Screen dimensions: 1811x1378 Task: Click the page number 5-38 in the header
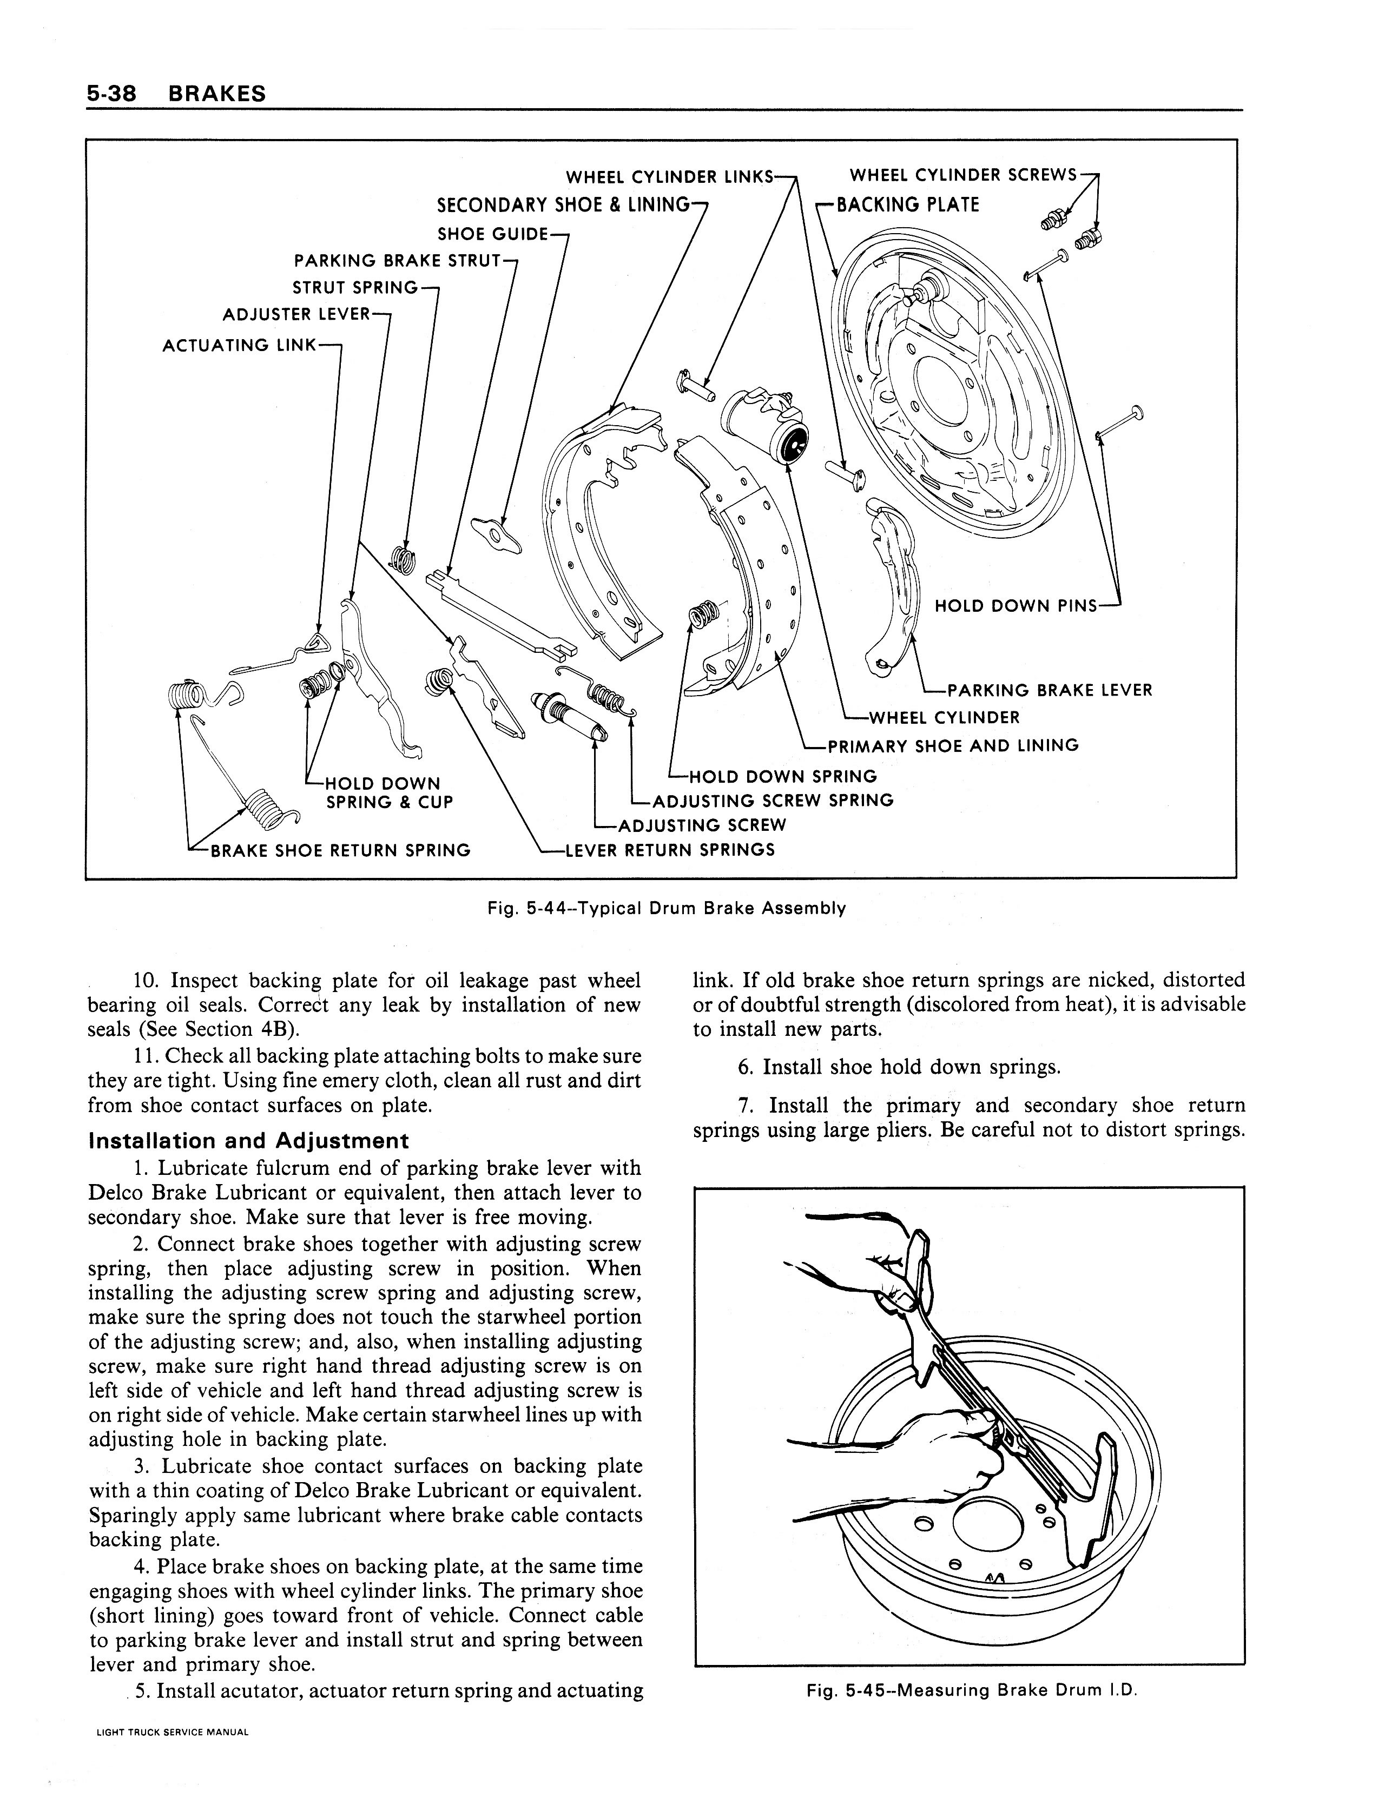click(111, 94)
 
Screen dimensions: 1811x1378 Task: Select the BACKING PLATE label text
click(907, 205)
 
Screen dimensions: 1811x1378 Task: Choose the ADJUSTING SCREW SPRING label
click(773, 801)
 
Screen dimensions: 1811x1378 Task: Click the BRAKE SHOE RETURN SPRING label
click(340, 850)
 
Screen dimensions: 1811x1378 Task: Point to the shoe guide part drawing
click(495, 534)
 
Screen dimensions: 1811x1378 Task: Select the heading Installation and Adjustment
click(248, 1141)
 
